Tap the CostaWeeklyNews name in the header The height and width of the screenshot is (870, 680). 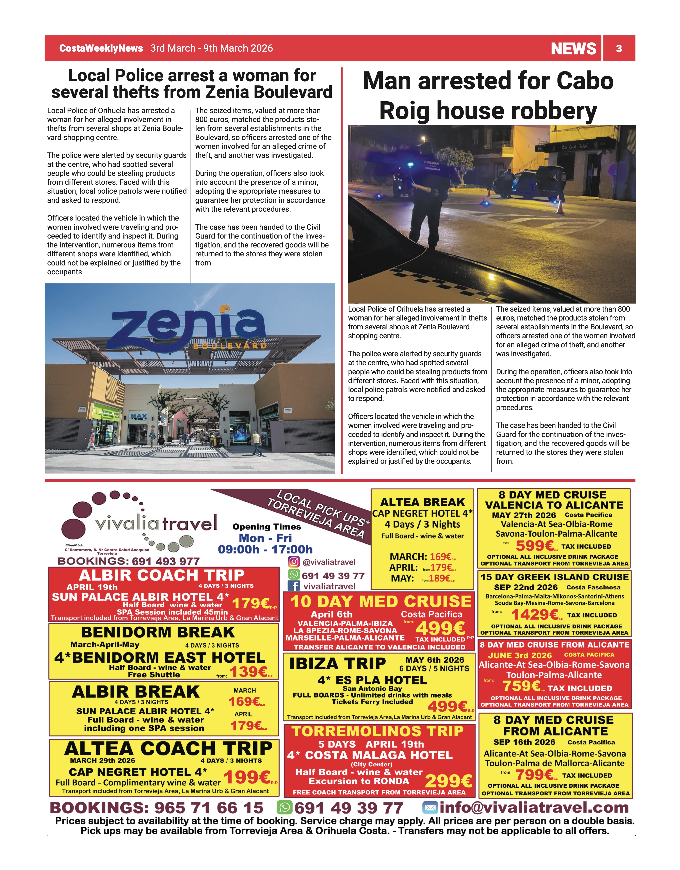point(101,48)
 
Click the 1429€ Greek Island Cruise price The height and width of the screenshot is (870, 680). point(535,615)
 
